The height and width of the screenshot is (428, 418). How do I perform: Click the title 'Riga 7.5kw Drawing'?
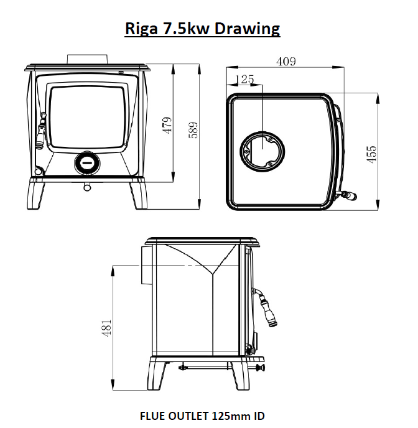(203, 29)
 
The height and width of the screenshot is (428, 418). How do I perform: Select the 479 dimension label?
(166, 126)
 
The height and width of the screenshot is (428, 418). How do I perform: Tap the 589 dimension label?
(193, 129)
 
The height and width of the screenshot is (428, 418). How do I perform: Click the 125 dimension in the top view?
(246, 79)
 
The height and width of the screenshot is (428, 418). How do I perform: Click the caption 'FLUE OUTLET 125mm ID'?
(202, 416)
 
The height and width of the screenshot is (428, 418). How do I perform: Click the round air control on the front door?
(86, 163)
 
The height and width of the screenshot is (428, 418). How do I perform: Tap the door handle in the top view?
(348, 196)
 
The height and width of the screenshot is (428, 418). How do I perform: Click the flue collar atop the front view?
(88, 58)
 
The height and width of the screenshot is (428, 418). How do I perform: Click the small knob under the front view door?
(87, 185)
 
